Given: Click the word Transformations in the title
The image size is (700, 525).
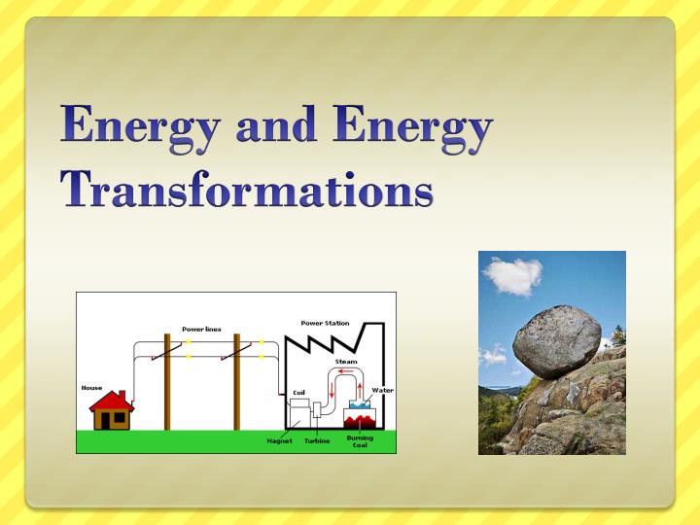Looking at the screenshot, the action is [x=247, y=189].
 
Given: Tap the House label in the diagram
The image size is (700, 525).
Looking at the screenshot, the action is [x=91, y=388].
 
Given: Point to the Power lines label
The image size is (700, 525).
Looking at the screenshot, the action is [x=201, y=329].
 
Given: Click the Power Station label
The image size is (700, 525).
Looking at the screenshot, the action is [x=325, y=323].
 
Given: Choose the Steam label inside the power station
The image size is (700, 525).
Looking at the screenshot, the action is [x=346, y=361].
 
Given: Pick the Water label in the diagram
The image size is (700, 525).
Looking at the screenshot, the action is [x=383, y=390].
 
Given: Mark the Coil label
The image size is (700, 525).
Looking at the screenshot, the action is [x=298, y=393].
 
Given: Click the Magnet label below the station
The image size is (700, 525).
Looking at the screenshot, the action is [x=279, y=440].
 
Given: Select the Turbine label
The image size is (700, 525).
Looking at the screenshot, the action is [x=317, y=440].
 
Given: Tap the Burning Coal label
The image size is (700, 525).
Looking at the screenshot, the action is [x=360, y=441].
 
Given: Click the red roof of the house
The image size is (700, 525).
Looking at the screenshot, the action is [x=112, y=402].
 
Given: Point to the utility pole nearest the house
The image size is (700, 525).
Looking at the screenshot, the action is [x=167, y=382].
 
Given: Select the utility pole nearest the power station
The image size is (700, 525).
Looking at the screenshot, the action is [x=237, y=382].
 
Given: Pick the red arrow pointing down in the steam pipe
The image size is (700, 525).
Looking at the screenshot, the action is [x=332, y=391].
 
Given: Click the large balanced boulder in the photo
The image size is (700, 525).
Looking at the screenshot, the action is [x=557, y=341].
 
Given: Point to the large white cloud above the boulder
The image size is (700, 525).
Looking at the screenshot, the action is [x=513, y=276].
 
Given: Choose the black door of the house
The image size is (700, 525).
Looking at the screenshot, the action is [x=105, y=421].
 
